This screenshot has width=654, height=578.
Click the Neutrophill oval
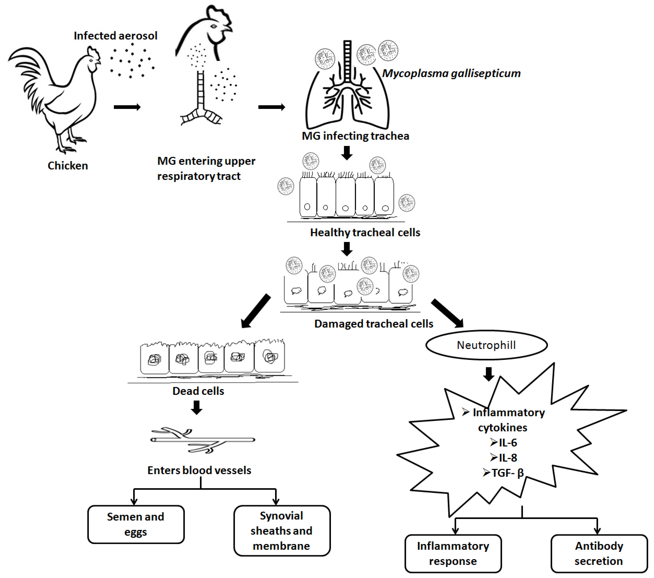486,345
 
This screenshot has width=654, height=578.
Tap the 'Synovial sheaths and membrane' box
282,531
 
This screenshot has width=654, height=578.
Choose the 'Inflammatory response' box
453,554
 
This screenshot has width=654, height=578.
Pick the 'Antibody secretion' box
599,554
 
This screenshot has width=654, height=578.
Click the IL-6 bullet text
503,443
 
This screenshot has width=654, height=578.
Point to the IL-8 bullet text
503,458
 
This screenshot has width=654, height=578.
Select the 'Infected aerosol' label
115,36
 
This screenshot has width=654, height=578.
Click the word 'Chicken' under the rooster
68,166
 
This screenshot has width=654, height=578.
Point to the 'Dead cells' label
198,391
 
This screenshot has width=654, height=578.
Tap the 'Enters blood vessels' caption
199,470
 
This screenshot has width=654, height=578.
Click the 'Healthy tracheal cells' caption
365,232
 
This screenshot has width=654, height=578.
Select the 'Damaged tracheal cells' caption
374,324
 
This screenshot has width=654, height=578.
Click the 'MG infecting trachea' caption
355,136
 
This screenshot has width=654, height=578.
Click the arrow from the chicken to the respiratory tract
127,107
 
